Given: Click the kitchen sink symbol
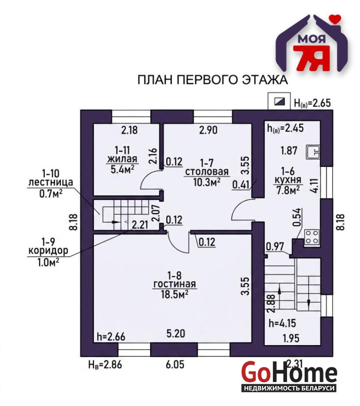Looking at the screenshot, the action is (x=313, y=152).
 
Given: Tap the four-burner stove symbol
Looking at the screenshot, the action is (x=312, y=238).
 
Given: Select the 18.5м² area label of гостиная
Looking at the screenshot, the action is (x=174, y=294).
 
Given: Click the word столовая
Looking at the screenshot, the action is (x=207, y=172).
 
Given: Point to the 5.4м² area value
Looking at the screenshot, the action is (x=122, y=170).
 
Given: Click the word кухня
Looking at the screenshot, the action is (x=288, y=180).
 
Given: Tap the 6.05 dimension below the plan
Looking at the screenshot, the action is (x=175, y=364).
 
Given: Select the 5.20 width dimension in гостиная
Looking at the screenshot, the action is (x=176, y=333).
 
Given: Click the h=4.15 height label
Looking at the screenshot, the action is (x=282, y=323).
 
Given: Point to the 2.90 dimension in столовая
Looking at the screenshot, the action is (x=208, y=130).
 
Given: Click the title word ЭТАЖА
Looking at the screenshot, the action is (x=265, y=80).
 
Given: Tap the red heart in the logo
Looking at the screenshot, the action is (x=337, y=19).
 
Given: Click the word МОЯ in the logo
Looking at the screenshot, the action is (x=312, y=39).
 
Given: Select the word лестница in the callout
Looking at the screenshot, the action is (x=51, y=182).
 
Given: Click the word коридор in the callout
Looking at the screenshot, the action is (x=48, y=251).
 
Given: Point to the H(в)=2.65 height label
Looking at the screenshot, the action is (x=312, y=103).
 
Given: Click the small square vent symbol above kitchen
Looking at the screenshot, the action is (x=279, y=101).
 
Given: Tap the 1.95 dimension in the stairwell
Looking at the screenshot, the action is (x=291, y=338).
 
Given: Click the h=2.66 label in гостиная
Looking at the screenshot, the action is (x=111, y=336).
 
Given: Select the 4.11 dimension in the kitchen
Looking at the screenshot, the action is (x=315, y=185).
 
